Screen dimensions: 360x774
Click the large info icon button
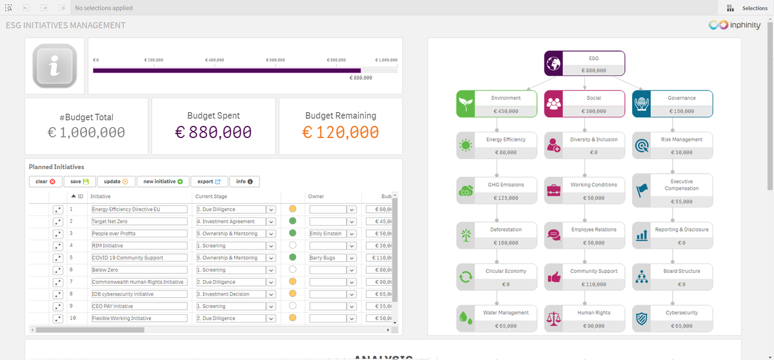point(55,66)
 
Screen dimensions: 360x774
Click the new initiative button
point(163,182)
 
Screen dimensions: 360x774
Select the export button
point(209,182)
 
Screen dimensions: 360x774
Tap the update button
point(116,182)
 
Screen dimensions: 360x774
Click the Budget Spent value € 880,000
point(213,132)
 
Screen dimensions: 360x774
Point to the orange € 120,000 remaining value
point(341,132)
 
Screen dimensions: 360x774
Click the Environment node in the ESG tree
point(497,104)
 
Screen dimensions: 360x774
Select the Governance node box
point(673,104)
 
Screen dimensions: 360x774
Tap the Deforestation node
point(497,235)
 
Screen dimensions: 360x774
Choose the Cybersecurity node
point(673,319)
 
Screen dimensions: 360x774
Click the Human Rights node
point(584,319)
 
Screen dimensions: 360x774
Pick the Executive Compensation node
point(673,191)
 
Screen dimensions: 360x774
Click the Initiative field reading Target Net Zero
point(139,221)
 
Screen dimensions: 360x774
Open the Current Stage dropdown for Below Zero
point(271,270)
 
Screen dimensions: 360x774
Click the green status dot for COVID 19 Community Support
point(293,257)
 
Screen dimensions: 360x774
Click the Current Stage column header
point(212,196)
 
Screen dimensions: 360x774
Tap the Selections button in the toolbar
point(747,8)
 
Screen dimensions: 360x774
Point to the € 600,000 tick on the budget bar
point(275,59)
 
